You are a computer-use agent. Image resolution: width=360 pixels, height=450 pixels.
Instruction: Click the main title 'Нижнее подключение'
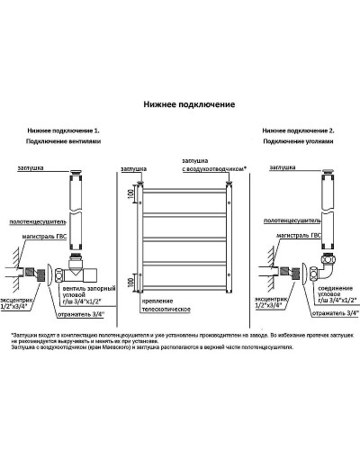point(189,104)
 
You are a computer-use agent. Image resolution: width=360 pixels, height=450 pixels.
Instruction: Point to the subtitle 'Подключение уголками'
point(300,143)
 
